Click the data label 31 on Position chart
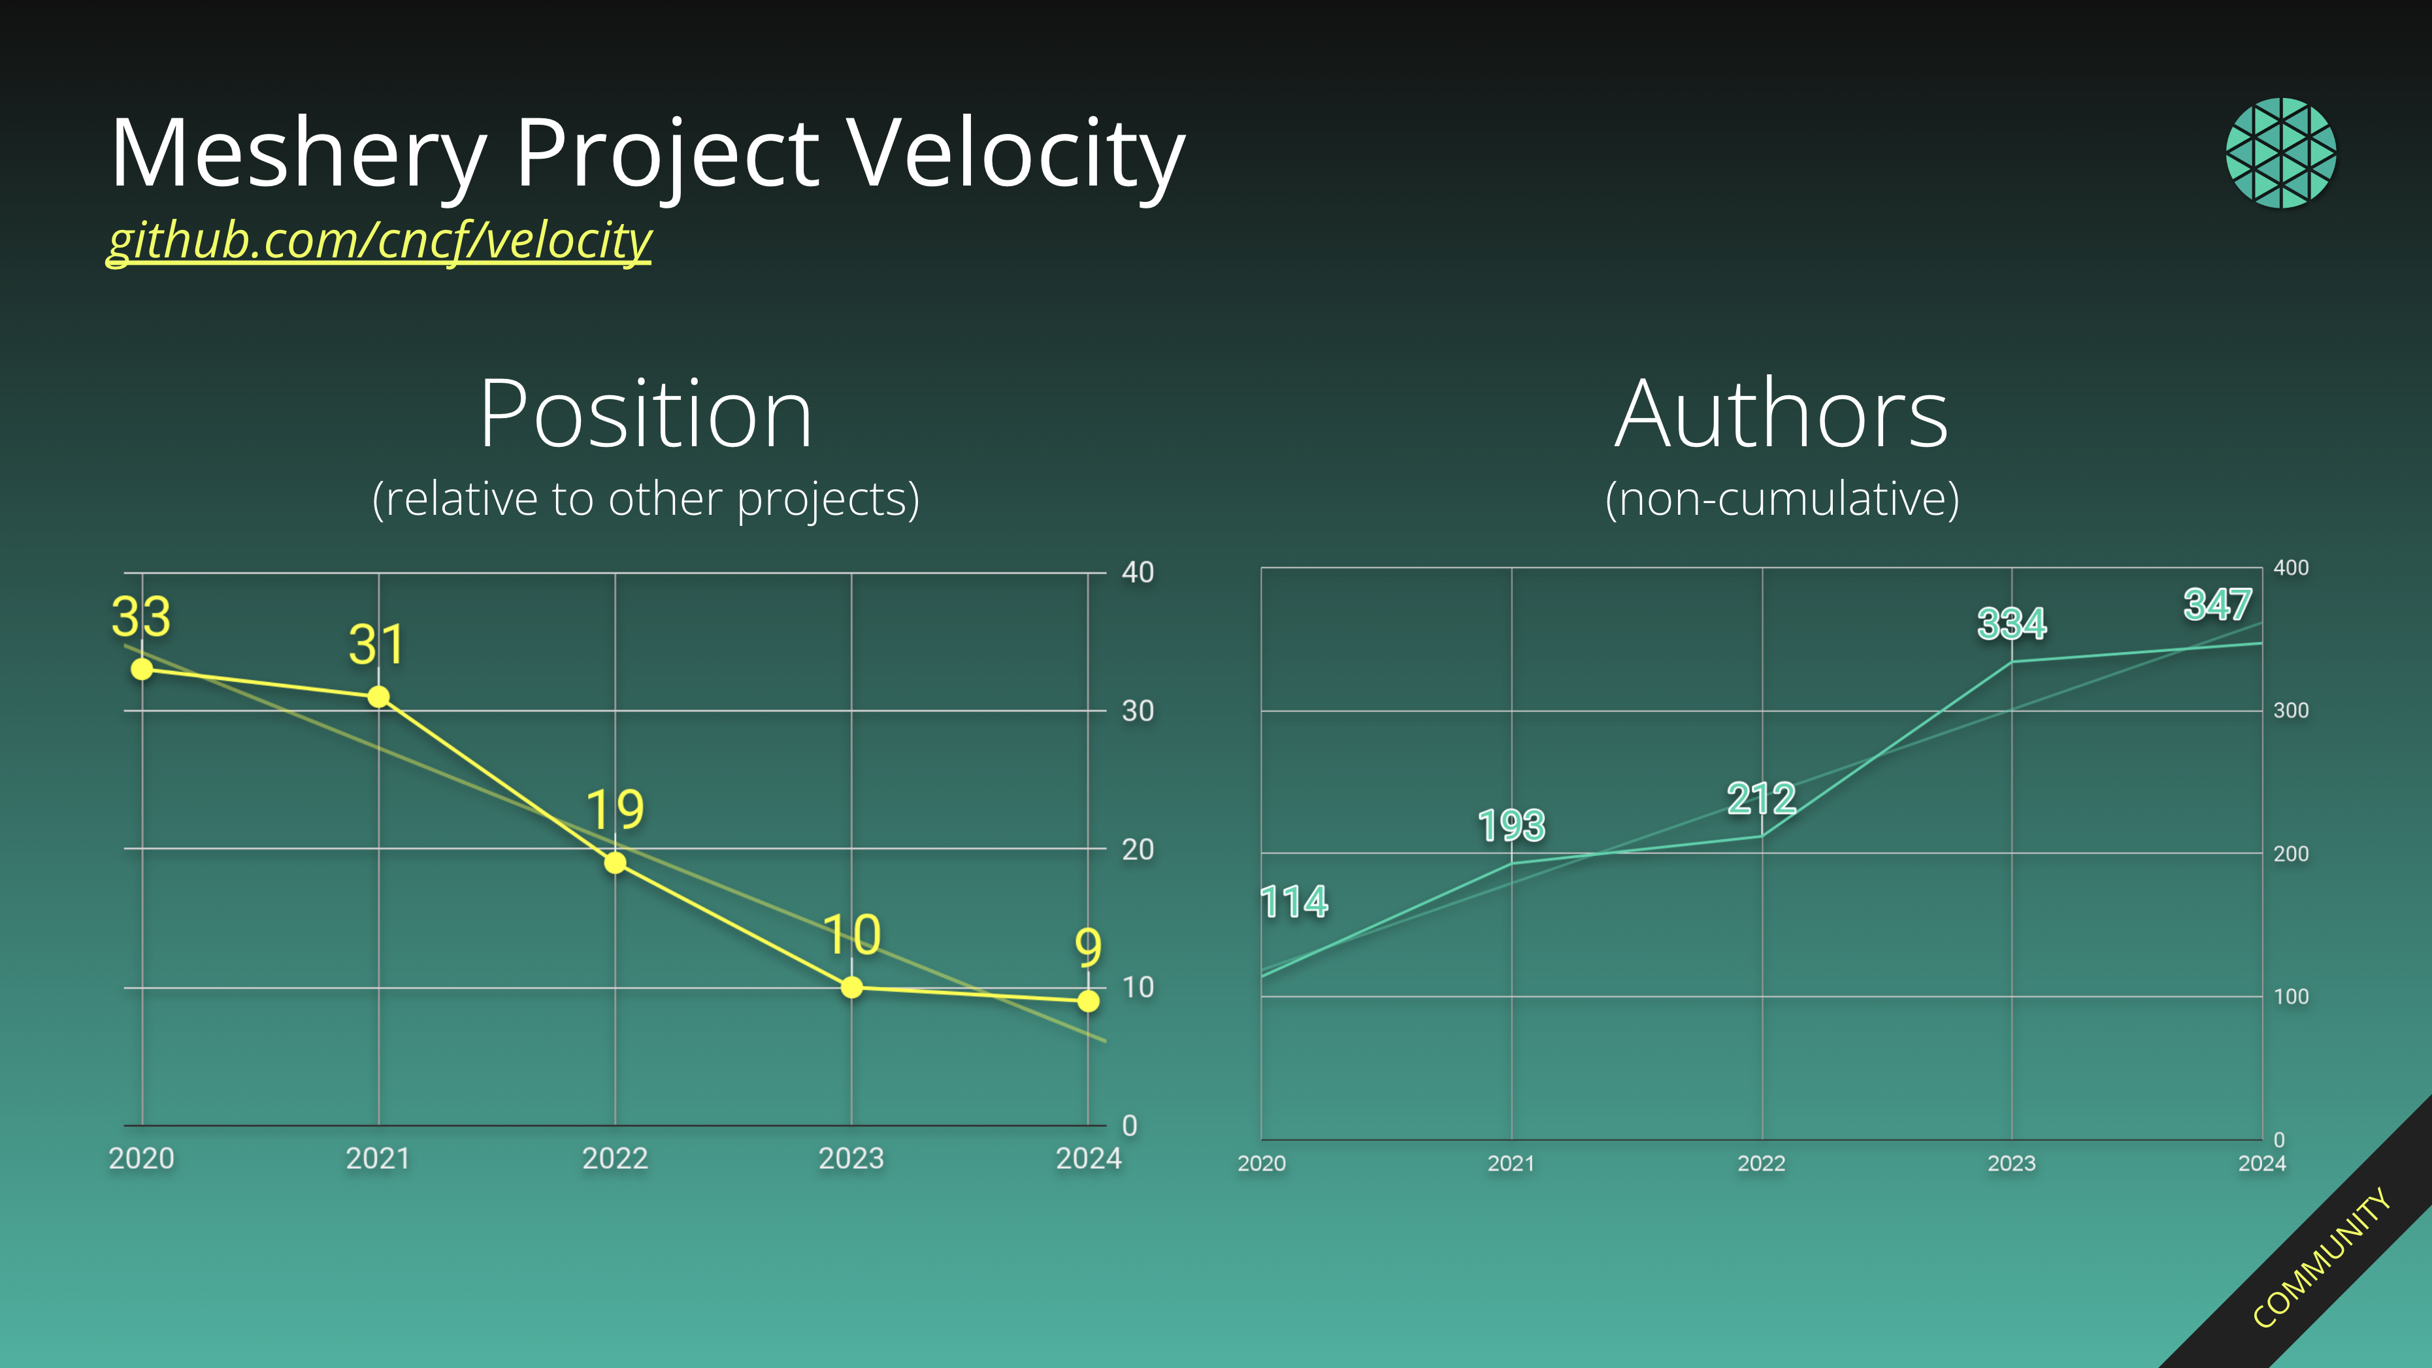tap(377, 645)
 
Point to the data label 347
tap(2217, 605)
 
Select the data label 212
tap(1761, 800)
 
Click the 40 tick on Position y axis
tap(1138, 572)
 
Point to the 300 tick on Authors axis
tap(2290, 711)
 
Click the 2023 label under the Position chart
tap(851, 1158)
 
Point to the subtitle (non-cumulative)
tap(1781, 498)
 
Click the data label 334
tap(2011, 624)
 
